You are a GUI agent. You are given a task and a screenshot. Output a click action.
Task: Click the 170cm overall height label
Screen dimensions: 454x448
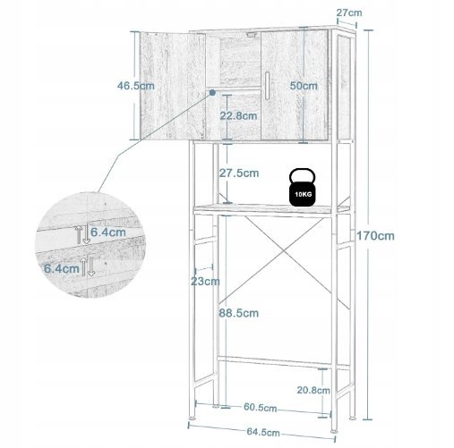pyautogui.click(x=375, y=236)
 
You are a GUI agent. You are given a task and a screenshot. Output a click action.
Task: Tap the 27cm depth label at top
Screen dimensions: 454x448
pyautogui.click(x=349, y=13)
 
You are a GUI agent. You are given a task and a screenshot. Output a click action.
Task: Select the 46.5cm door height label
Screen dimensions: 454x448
pyautogui.click(x=136, y=86)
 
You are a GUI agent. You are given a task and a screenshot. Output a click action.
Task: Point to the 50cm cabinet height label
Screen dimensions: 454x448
pyautogui.click(x=304, y=86)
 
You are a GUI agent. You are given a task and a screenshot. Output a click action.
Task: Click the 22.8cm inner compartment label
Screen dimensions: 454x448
pyautogui.click(x=238, y=115)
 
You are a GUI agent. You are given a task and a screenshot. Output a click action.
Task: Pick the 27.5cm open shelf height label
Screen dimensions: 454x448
pyautogui.click(x=239, y=173)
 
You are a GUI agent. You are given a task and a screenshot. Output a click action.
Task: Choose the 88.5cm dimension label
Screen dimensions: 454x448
pyautogui.click(x=239, y=313)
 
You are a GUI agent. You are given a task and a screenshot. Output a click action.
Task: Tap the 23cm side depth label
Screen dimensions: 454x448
pyautogui.click(x=205, y=281)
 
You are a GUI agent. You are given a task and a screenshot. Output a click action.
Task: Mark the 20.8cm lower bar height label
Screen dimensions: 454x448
pyautogui.click(x=313, y=390)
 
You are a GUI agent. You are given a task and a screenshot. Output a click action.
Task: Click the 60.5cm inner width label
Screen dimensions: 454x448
pyautogui.click(x=260, y=407)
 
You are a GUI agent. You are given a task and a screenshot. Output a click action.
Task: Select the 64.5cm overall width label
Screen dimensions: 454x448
pyautogui.click(x=263, y=432)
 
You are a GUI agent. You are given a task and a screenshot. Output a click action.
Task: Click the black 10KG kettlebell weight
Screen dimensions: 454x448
pyautogui.click(x=302, y=188)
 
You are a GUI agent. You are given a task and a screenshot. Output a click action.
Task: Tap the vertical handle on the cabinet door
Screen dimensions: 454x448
pyautogui.click(x=267, y=86)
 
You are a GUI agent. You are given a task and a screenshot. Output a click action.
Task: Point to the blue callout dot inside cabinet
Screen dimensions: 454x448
pyautogui.click(x=212, y=92)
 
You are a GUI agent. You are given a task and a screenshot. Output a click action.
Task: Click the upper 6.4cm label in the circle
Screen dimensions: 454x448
pyautogui.click(x=108, y=232)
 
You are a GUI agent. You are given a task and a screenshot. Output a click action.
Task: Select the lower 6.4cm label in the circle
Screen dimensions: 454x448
pyautogui.click(x=62, y=268)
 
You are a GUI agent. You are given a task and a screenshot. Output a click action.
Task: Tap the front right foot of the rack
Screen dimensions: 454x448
pyautogui.click(x=334, y=431)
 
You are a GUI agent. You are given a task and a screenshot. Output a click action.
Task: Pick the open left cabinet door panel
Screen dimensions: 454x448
pyautogui.click(x=173, y=86)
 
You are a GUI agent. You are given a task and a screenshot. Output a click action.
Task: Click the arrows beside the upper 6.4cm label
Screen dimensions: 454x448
pyautogui.click(x=82, y=234)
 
